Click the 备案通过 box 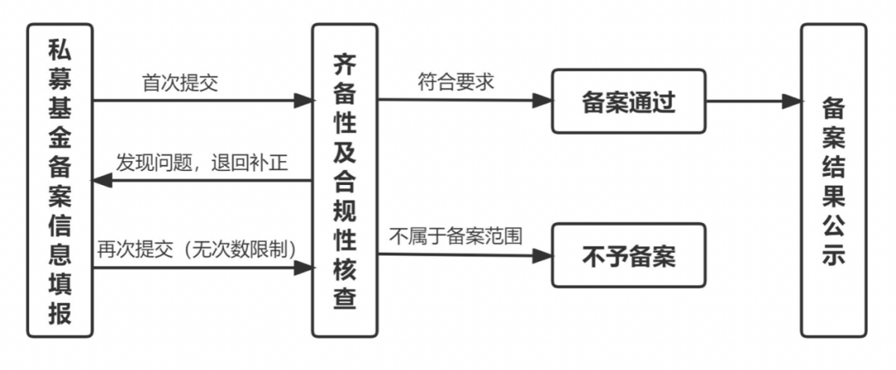[628, 102]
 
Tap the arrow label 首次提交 [180, 83]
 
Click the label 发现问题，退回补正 [202, 162]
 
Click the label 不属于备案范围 [456, 236]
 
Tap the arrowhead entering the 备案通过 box [543, 101]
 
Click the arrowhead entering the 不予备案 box [543, 255]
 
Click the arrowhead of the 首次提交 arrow [304, 101]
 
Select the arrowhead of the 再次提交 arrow [304, 267]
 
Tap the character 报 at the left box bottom [60, 314]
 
